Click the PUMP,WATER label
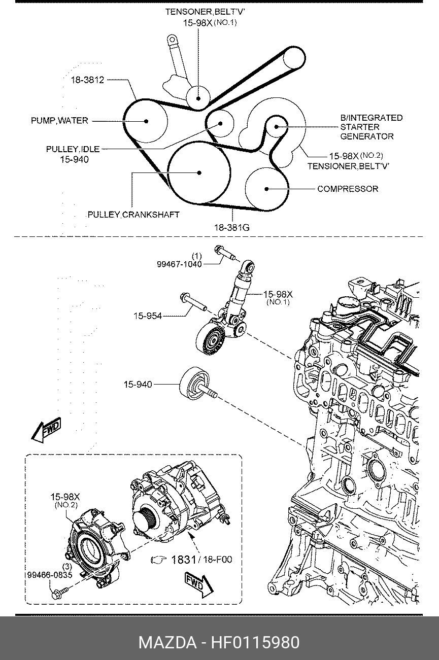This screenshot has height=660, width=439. coord(59,121)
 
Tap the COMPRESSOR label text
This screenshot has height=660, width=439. coord(348,189)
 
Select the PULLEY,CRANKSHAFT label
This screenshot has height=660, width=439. coord(133,215)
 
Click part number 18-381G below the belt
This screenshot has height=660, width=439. coord(232,227)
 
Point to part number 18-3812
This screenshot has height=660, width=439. coord(88,80)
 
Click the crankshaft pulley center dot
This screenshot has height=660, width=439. coord(199,173)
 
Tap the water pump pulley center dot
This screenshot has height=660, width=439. coord(146,121)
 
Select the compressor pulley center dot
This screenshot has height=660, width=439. coord(266,189)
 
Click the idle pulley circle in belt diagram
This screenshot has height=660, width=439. coord(220,111)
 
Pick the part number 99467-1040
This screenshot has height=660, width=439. coord(179,264)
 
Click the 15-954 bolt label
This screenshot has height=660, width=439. coord(148,316)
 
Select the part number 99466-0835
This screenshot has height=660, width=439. coord(50,575)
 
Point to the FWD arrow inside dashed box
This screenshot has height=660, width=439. coord(198,585)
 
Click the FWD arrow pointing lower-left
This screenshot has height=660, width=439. coord(46,430)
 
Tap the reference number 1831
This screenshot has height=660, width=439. coord(183,560)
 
